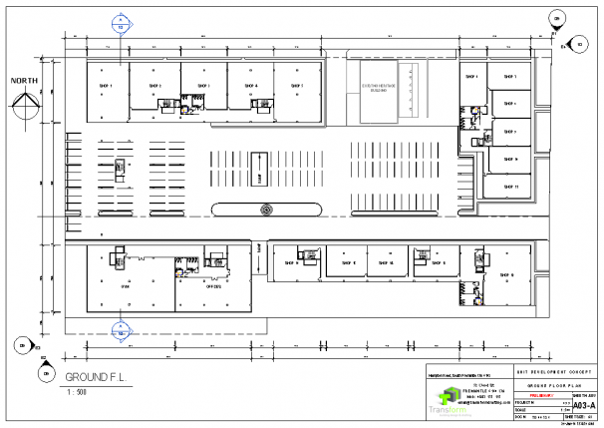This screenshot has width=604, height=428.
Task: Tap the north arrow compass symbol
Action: click(x=26, y=106)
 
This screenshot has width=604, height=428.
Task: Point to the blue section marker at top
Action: click(x=121, y=23)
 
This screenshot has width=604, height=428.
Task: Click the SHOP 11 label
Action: click(x=510, y=187)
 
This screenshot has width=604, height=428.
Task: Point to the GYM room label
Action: click(x=126, y=286)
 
